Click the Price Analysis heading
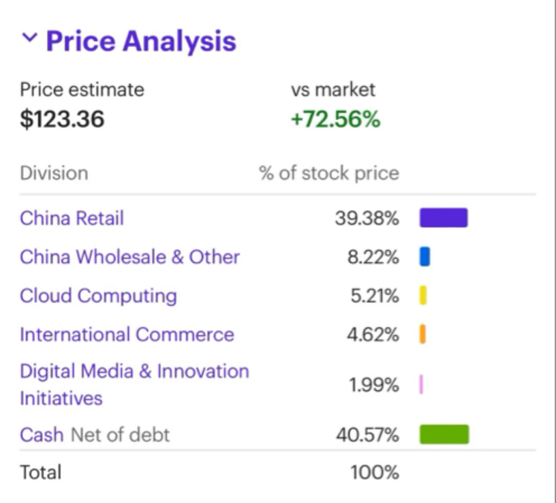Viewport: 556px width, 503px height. tap(141, 41)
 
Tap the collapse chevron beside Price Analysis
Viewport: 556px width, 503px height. tap(30, 38)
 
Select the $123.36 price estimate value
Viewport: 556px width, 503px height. tap(62, 119)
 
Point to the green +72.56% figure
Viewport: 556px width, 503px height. tap(336, 119)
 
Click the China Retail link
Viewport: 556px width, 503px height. tap(72, 218)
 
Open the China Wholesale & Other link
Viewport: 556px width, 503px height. tap(129, 257)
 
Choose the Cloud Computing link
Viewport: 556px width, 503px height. tap(98, 296)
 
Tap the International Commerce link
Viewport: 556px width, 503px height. tap(127, 335)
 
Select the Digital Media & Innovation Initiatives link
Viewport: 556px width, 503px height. tap(134, 385)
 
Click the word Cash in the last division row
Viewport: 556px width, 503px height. tap(41, 435)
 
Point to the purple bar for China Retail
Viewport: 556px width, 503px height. tap(443, 218)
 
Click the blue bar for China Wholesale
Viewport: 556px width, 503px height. tap(425, 257)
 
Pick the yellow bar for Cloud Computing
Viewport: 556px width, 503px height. tap(423, 295)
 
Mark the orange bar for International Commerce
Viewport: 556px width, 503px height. tap(422, 334)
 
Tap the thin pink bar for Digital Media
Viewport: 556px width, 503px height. tap(421, 385)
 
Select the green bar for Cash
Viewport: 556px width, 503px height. tap(444, 435)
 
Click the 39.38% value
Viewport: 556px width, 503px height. tap(367, 219)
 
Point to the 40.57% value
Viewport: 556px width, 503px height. tap(367, 435)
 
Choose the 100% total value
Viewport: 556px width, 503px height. tap(375, 473)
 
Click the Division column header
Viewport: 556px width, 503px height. tap(54, 173)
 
